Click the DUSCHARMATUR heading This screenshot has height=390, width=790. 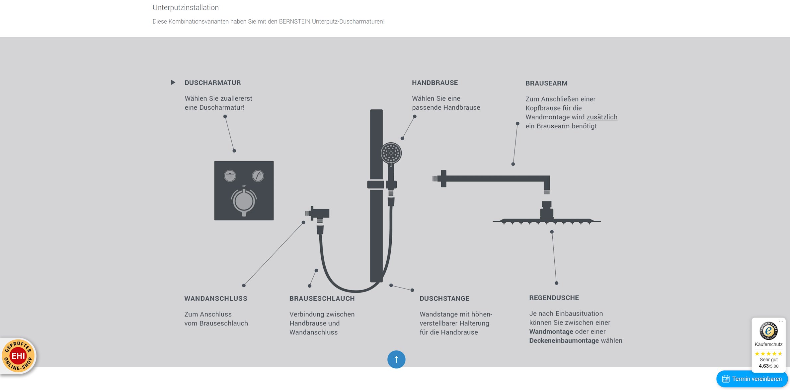212,83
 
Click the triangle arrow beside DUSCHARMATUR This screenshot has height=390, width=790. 173,82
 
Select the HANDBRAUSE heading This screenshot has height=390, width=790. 435,83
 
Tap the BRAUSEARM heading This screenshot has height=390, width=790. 546,83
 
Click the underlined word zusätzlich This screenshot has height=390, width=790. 602,117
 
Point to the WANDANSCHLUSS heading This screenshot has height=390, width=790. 216,299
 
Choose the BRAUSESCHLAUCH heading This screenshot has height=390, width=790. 322,299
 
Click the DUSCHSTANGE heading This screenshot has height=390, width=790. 444,299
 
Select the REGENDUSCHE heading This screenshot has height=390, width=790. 554,298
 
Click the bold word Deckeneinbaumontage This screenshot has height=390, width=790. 564,341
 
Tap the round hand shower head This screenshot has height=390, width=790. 391,153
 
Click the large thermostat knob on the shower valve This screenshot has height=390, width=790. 244,201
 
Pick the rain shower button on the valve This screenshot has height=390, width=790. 230,176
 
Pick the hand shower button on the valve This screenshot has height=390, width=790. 258,176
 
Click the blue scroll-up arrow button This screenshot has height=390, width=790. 396,359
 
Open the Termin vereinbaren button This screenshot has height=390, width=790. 752,379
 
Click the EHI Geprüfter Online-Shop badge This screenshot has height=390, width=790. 18,356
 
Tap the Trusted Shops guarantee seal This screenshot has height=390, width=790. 768,331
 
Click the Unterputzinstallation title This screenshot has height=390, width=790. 186,8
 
